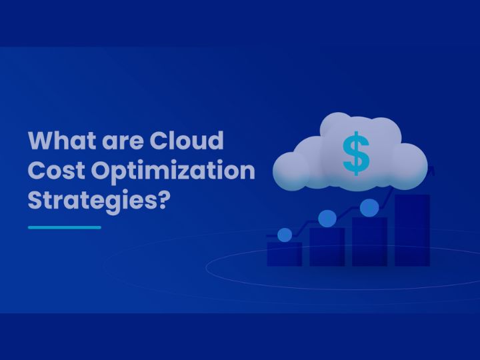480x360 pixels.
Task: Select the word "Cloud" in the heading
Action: tap(187, 142)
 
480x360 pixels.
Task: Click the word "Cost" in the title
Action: tap(56, 170)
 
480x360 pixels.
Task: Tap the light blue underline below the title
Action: tap(65, 227)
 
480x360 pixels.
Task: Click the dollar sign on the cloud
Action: tap(355, 153)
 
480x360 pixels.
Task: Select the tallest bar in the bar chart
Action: tap(412, 230)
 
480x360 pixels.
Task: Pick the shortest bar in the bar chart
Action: tap(284, 253)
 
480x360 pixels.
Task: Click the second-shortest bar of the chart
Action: tap(327, 247)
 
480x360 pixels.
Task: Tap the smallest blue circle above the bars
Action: tap(285, 235)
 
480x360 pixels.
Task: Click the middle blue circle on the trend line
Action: tap(327, 218)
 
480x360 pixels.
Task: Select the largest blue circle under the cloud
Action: tap(369, 207)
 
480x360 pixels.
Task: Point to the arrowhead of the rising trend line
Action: tap(431, 171)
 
